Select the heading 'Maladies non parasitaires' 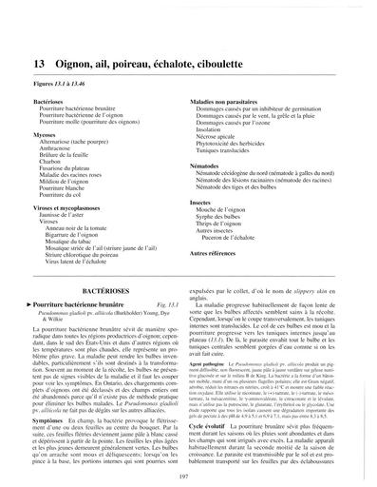pos(228,99)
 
